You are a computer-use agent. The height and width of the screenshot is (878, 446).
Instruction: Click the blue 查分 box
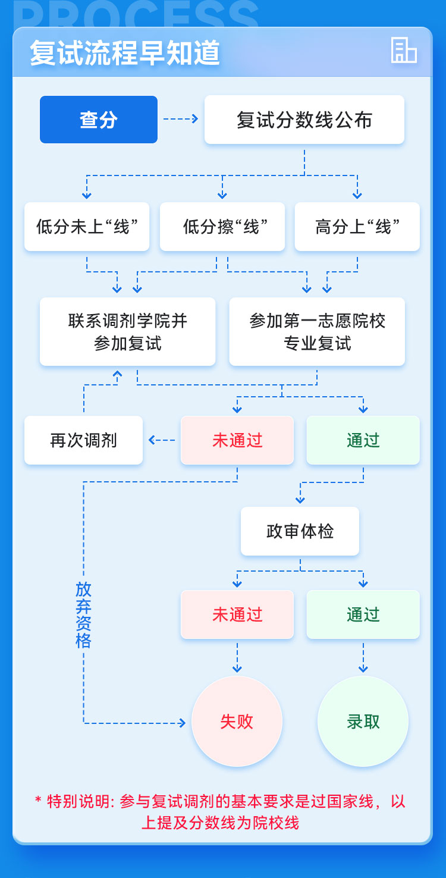(x=99, y=120)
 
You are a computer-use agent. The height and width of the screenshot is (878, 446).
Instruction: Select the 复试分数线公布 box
(x=304, y=120)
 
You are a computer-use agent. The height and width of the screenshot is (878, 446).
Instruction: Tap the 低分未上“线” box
(x=86, y=227)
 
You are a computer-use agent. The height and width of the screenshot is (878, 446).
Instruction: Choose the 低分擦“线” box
(x=222, y=227)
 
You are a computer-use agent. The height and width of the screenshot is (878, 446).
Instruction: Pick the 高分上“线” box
(x=357, y=227)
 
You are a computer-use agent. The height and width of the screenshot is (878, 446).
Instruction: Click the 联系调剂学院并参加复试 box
(x=128, y=332)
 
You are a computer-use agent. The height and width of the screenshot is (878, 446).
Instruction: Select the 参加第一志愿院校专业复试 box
(x=317, y=332)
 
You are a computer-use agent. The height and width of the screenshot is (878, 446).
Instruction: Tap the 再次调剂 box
(x=84, y=440)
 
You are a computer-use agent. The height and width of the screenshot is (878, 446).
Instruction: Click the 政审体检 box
(x=300, y=531)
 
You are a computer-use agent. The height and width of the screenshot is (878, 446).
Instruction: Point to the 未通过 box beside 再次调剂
(x=237, y=440)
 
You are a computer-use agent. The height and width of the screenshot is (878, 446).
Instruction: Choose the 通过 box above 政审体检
(x=363, y=440)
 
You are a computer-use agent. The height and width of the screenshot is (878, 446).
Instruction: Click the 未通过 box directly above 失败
(x=237, y=614)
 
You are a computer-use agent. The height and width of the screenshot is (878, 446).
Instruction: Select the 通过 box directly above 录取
(x=363, y=614)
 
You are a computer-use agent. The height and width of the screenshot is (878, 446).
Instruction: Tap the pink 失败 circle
(x=237, y=722)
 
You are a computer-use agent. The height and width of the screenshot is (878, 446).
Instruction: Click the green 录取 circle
(x=363, y=722)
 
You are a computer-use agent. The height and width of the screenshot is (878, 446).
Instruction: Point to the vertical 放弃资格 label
(x=84, y=615)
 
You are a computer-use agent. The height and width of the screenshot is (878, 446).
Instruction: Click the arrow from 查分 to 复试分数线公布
(x=181, y=120)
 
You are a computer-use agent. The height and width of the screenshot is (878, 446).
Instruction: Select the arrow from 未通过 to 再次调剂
(x=162, y=440)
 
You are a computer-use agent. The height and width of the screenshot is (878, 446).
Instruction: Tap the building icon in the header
(x=404, y=51)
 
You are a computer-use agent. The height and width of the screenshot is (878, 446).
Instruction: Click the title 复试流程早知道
(x=125, y=54)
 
